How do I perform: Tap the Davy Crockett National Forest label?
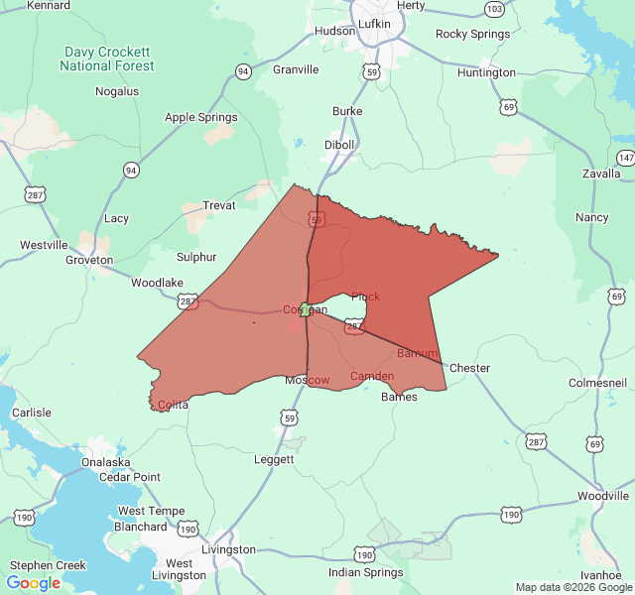(107, 59)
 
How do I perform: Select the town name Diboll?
(339, 144)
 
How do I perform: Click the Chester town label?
(469, 368)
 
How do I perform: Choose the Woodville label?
(603, 496)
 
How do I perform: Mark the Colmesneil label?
(597, 383)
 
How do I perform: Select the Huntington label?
(486, 72)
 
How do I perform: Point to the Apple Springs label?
(200, 117)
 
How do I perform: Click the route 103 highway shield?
(494, 9)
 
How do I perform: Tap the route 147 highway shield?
(625, 158)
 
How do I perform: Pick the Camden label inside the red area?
(372, 376)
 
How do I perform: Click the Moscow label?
(308, 381)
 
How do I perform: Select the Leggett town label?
(274, 459)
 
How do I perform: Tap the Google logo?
(34, 583)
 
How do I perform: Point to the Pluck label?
(365, 297)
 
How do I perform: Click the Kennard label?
(49, 5)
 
